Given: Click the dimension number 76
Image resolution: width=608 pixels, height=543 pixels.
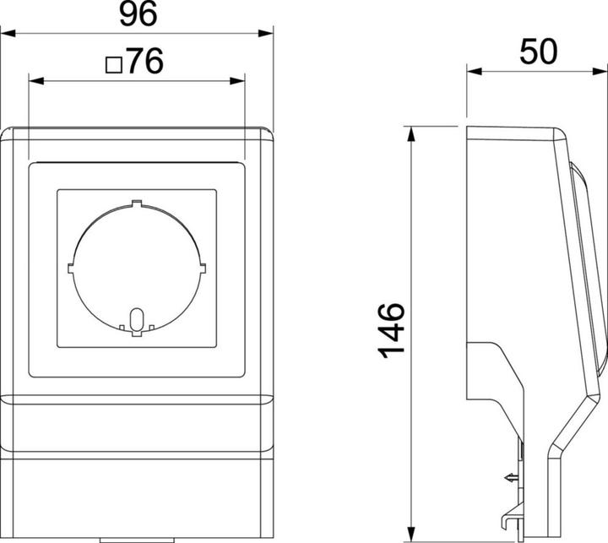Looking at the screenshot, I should (144, 63).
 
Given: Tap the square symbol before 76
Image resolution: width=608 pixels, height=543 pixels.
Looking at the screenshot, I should (113, 64).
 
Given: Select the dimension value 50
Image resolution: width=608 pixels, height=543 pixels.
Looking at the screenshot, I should (539, 52).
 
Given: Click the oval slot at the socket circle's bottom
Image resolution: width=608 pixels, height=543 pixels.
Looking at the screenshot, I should (137, 320).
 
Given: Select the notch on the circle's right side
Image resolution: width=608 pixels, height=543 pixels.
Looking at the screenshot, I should (203, 267).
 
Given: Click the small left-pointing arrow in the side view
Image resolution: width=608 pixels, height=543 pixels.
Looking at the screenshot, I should (509, 477).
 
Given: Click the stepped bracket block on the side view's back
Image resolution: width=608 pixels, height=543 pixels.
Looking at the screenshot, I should (486, 372).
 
